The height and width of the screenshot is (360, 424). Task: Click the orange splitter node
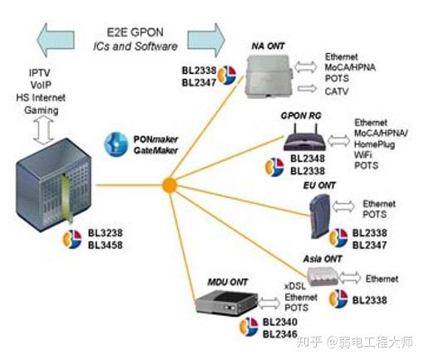pyautogui.click(x=168, y=182)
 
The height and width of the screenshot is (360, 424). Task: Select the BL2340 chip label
pyautogui.click(x=279, y=322)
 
